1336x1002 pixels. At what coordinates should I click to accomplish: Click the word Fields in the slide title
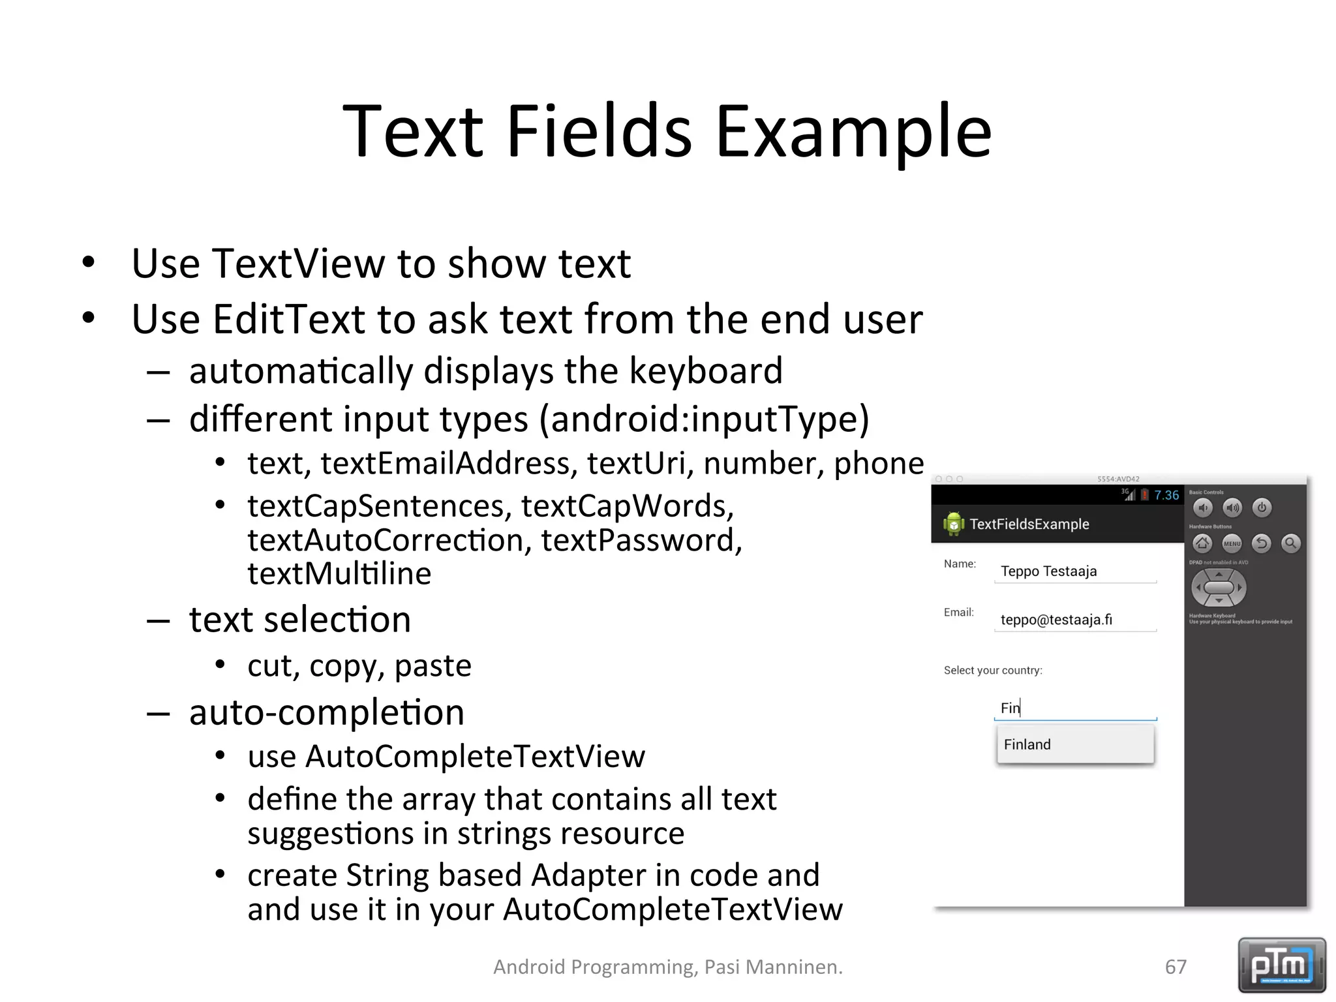[598, 132]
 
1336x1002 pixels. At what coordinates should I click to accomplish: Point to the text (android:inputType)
[704, 419]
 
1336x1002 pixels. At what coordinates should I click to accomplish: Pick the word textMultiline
[339, 574]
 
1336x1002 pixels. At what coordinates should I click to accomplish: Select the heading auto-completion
[327, 712]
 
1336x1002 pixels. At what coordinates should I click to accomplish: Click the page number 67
[1176, 967]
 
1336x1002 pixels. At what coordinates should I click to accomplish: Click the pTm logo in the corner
[1281, 965]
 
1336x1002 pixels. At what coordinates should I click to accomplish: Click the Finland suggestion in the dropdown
[1074, 745]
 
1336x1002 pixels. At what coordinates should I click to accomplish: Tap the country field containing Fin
[1074, 708]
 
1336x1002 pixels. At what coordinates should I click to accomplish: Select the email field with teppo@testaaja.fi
[1074, 620]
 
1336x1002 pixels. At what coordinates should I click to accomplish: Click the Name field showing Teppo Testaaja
[1074, 571]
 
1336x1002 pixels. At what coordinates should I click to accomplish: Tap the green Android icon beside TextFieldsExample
[953, 524]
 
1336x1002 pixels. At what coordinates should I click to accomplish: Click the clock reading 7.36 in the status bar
[1166, 495]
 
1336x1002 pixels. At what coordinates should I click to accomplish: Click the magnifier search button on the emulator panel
[1290, 543]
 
